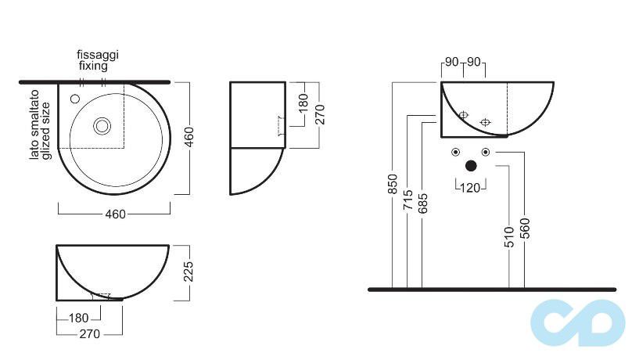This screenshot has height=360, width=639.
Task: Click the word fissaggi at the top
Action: [98, 56]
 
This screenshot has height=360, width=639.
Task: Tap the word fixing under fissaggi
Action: [93, 66]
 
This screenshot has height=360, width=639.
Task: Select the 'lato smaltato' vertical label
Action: [34, 124]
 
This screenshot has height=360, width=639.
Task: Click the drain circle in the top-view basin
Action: [102, 126]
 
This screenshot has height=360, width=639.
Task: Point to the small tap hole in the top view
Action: [75, 99]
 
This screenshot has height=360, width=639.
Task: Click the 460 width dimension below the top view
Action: [115, 214]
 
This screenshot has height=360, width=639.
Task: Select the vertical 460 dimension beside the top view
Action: [188, 138]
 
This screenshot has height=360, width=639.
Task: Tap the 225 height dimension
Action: [188, 272]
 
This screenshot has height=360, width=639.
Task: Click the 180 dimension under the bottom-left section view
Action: [79, 318]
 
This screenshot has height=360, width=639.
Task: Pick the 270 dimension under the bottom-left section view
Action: [90, 334]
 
